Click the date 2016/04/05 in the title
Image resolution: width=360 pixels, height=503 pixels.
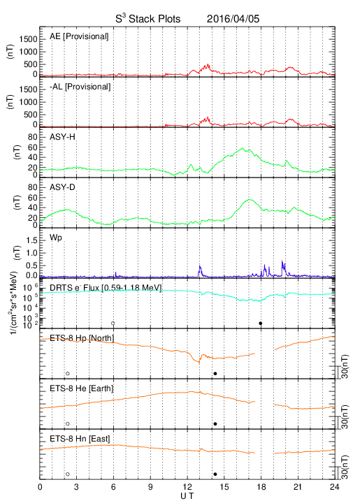click(233, 19)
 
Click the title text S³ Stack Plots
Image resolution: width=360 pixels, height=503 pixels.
click(148, 18)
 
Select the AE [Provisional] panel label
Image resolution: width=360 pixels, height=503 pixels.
click(79, 36)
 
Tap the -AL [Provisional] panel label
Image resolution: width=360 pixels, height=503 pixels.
click(80, 87)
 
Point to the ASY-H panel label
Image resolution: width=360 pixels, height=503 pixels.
click(62, 137)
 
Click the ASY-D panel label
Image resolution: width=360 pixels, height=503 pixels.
click(62, 187)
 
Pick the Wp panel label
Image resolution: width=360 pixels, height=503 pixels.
click(56, 238)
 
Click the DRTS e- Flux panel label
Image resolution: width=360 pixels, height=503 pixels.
click(106, 288)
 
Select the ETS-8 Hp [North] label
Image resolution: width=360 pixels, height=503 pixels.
click(82, 338)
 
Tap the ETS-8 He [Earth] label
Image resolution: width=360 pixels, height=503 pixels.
click(82, 388)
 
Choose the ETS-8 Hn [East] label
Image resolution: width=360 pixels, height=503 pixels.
click(80, 439)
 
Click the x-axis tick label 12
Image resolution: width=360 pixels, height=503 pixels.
click(187, 487)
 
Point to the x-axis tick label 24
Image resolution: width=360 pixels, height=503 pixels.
click(335, 487)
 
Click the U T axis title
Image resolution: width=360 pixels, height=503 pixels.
click(187, 496)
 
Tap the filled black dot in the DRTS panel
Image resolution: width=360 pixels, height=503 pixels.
click(261, 323)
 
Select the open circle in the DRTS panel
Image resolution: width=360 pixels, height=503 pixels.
click(113, 323)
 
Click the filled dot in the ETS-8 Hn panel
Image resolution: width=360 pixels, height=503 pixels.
click(215, 474)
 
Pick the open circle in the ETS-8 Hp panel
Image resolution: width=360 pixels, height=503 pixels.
click(68, 373)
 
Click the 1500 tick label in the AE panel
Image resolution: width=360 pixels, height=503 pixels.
click(28, 39)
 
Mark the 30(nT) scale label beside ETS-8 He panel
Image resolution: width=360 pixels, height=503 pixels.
click(345, 416)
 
